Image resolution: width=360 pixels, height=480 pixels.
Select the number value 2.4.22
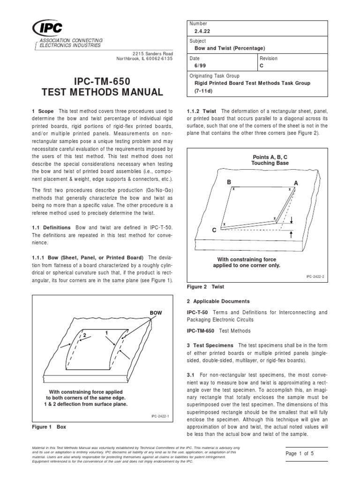pyautogui.click(x=202, y=31)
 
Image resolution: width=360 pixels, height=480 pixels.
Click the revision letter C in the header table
pyautogui.click(x=262, y=66)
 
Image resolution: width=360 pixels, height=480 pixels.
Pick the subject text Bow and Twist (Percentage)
pyautogui.click(x=230, y=49)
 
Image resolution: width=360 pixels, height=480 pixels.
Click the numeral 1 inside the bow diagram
pyautogui.click(x=107, y=332)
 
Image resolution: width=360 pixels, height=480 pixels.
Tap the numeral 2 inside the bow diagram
pyautogui.click(x=85, y=335)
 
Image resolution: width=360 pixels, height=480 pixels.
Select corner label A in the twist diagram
pyautogui.click(x=295, y=182)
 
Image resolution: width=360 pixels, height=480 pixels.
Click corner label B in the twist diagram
pyautogui.click(x=229, y=181)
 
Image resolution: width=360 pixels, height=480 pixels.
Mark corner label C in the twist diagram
pyautogui.click(x=214, y=230)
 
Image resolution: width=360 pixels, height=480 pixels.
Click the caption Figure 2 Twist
pyautogui.click(x=206, y=286)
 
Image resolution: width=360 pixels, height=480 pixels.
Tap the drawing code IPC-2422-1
pyautogui.click(x=159, y=415)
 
